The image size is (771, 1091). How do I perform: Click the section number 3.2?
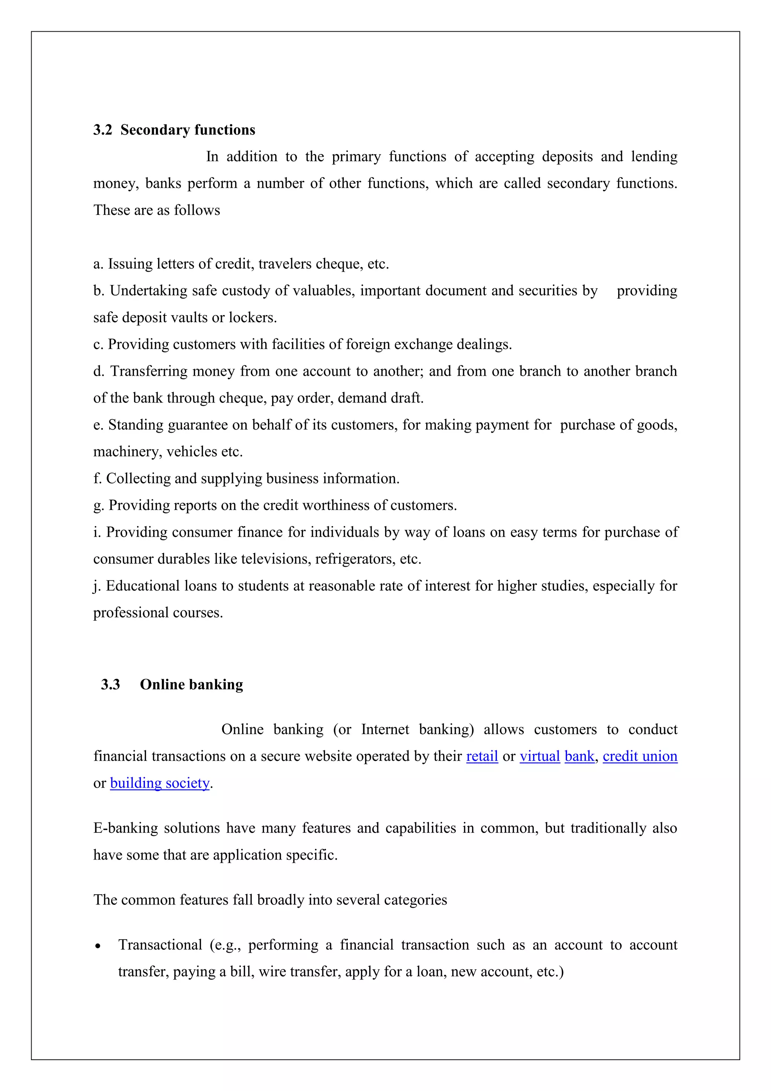tap(102, 130)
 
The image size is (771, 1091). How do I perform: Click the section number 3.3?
tap(110, 684)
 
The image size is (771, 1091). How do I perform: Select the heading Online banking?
tap(191, 684)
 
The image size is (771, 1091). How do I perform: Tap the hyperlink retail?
tap(482, 756)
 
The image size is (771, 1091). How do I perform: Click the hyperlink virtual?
tap(540, 756)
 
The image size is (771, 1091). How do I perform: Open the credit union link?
tap(640, 756)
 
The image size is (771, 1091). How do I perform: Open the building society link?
tap(160, 783)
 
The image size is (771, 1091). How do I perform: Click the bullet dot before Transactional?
tap(98, 947)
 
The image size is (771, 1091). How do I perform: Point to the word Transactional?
tap(160, 945)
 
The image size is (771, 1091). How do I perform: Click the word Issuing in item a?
tap(125, 264)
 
